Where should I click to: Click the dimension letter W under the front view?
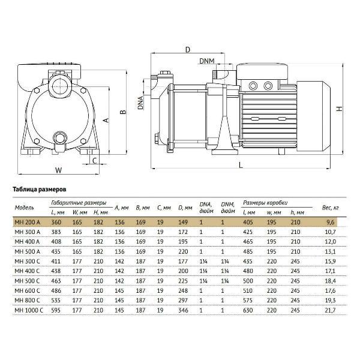[x=59, y=170]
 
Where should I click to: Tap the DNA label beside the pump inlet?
[x=140, y=103]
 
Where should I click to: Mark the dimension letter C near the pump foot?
[x=95, y=160]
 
